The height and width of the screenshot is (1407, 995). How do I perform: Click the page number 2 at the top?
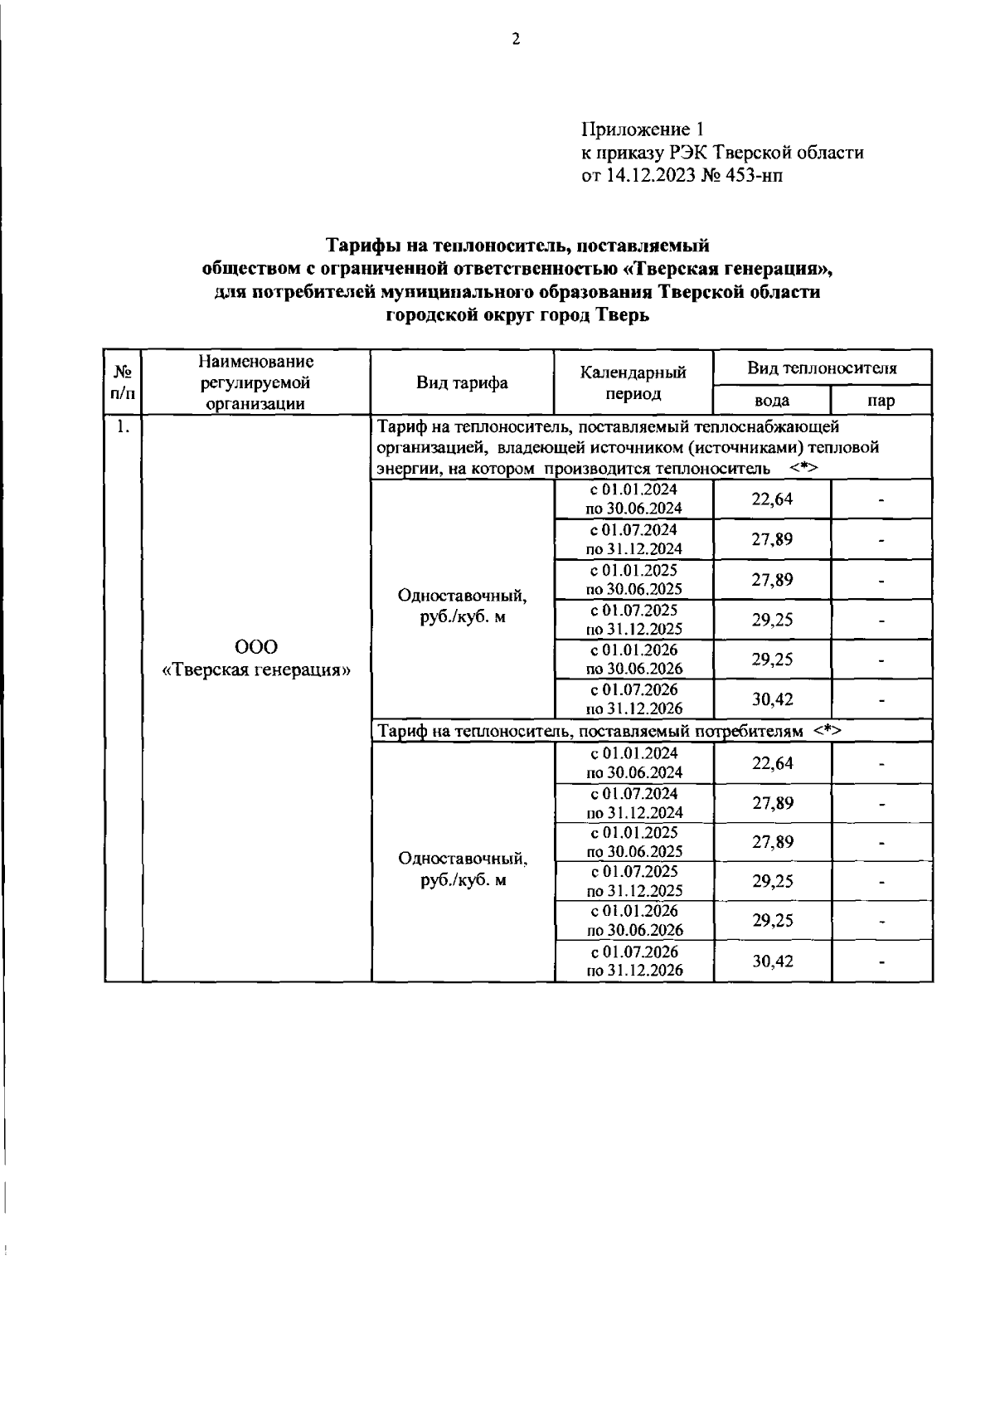(516, 39)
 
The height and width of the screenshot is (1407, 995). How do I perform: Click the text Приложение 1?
(642, 129)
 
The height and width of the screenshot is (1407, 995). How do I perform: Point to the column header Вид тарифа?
(462, 382)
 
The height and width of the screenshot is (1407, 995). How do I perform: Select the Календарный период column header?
(633, 382)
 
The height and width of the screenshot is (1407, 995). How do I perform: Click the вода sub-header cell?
(771, 401)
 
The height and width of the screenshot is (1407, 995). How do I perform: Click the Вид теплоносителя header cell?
(822, 368)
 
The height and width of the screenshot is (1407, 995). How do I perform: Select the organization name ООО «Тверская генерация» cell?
(256, 659)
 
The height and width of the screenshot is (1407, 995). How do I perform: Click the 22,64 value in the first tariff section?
(772, 499)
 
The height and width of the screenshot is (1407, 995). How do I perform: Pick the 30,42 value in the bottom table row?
(772, 962)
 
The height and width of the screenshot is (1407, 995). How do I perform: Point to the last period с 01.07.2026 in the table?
(634, 952)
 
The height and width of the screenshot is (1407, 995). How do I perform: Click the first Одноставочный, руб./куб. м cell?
(462, 606)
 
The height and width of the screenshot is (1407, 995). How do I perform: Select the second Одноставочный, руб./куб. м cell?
(462, 869)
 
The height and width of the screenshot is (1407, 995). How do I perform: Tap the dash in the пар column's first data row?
(881, 500)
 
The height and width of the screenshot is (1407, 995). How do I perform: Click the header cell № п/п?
(123, 382)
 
